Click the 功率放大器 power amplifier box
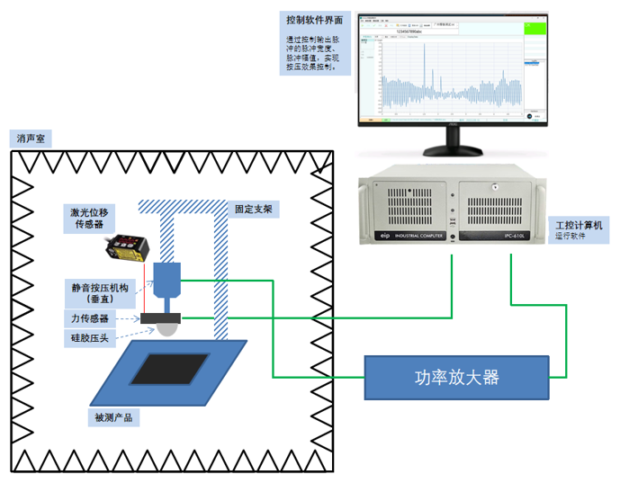[x=456, y=377]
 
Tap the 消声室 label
[x=35, y=139]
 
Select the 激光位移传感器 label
[x=93, y=219]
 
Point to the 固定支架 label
[x=252, y=209]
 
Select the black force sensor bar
[x=161, y=318]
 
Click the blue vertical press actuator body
[x=167, y=279]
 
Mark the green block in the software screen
[x=534, y=41]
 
